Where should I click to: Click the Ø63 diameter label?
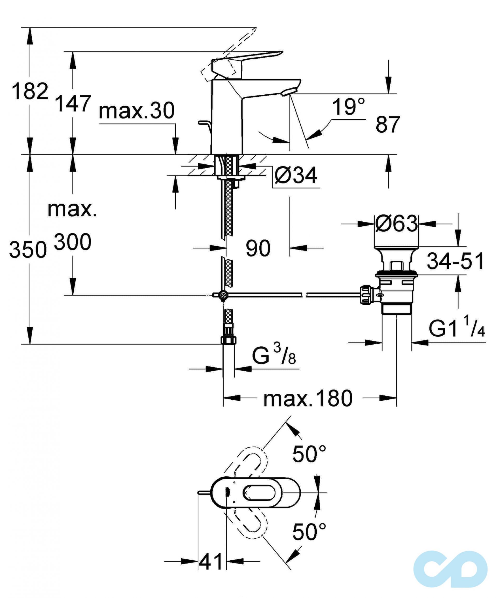pos(396,224)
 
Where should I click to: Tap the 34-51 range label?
pos(455,261)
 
